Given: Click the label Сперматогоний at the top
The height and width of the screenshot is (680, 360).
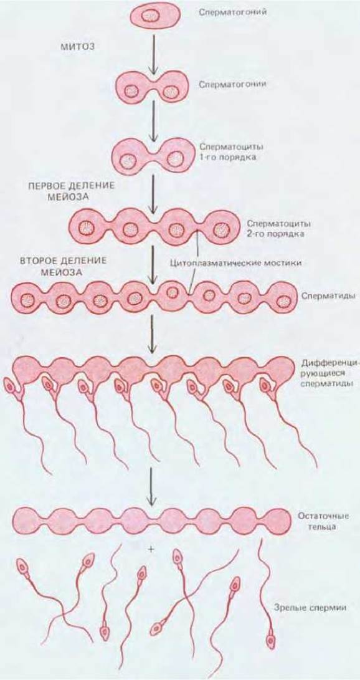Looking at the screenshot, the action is coord(233,12).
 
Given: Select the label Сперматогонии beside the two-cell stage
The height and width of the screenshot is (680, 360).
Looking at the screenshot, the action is coord(233,84).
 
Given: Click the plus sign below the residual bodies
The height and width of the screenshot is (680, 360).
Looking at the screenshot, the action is coord(151,550).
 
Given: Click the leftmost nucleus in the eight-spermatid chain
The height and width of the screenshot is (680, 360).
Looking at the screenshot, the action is coord(29,299).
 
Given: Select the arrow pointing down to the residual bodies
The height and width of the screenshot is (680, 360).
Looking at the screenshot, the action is coord(151,486).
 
